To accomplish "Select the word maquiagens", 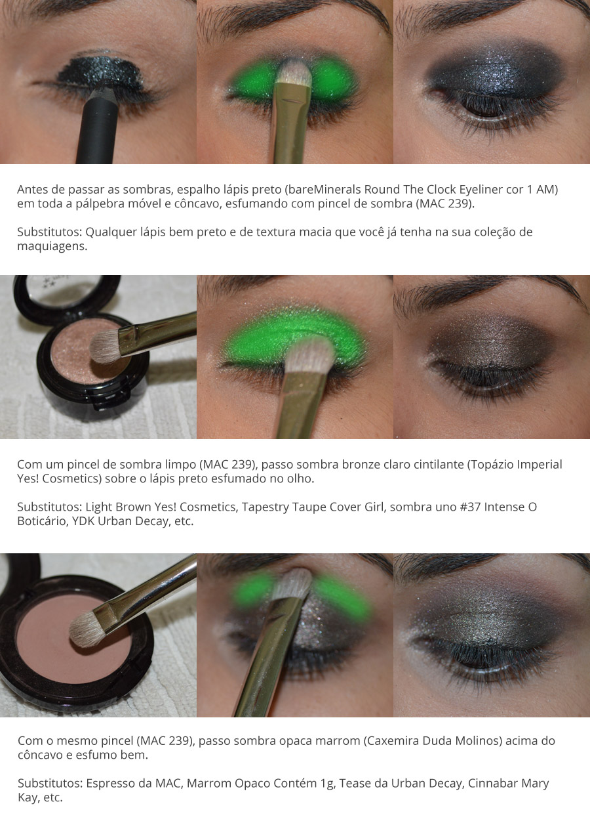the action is (52, 246).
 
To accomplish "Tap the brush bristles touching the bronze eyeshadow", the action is (106, 346).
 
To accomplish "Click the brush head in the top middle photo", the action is (293, 73).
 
